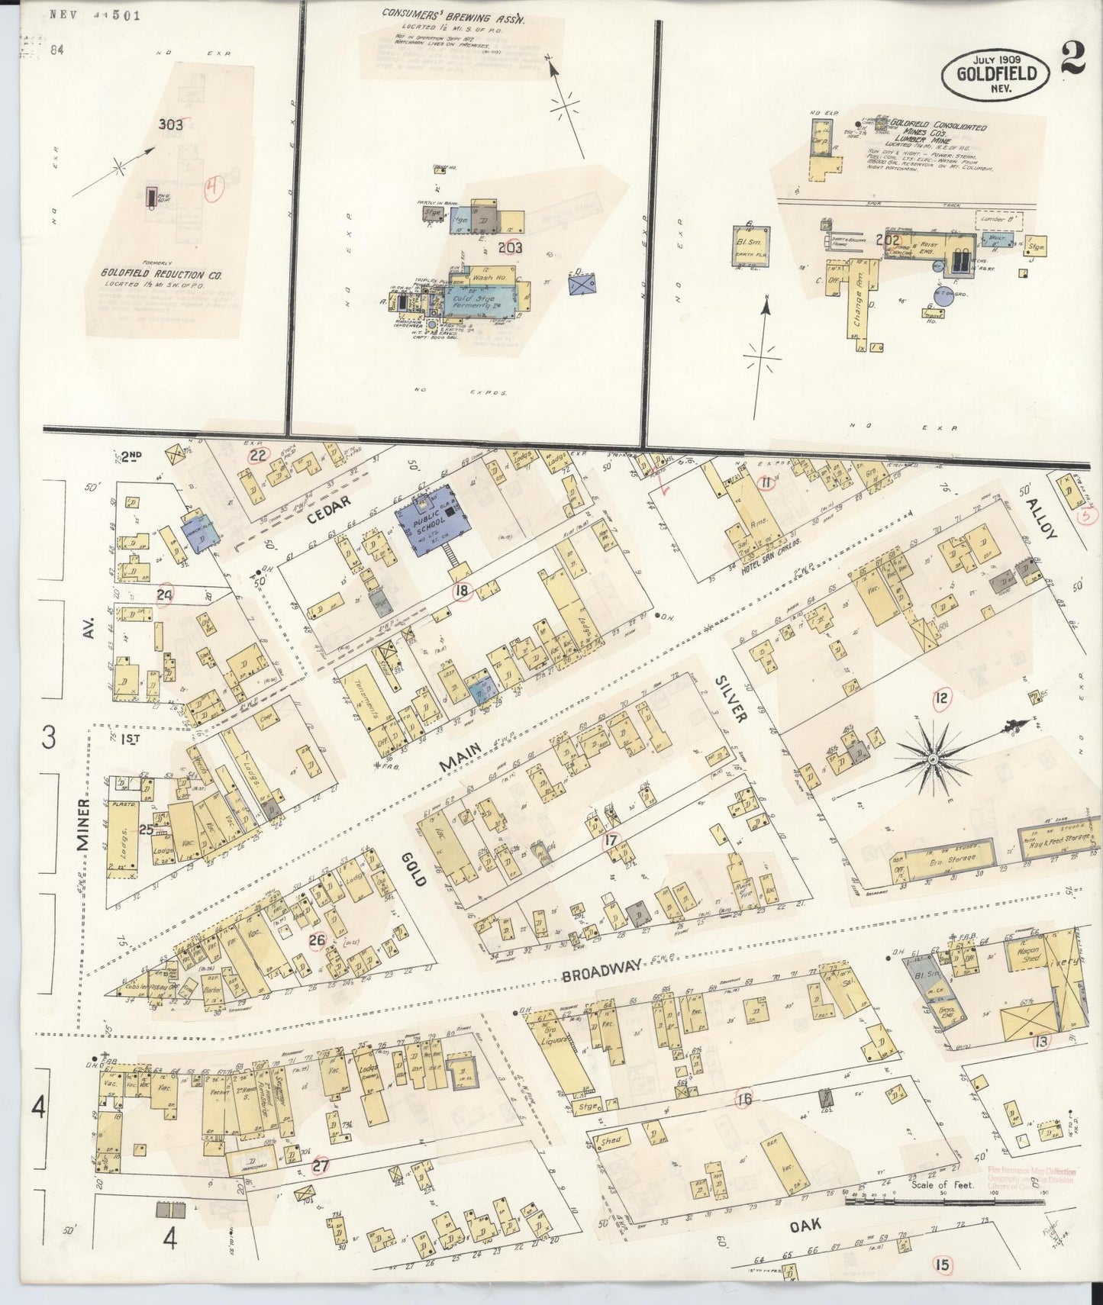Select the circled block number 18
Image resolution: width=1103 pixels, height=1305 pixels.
click(460, 590)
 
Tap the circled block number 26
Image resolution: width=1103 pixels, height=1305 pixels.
click(318, 940)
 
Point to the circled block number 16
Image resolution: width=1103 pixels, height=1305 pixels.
click(744, 1100)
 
